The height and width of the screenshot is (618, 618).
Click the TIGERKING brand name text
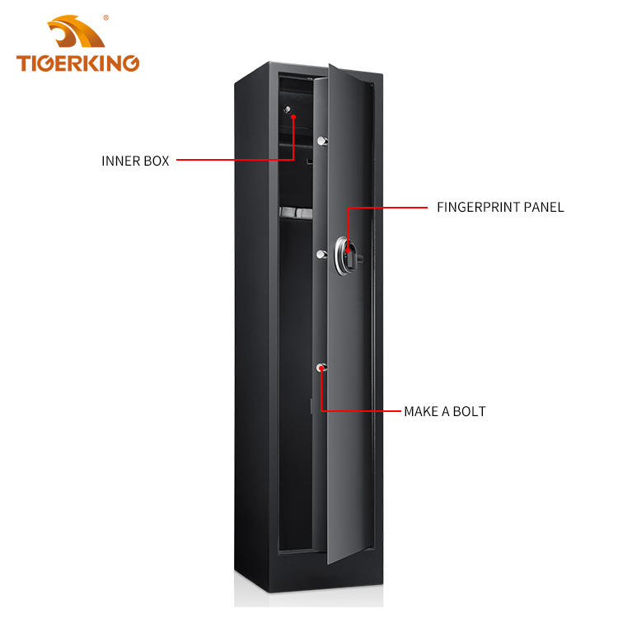click(77, 63)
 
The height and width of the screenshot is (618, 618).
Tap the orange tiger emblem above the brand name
click(76, 31)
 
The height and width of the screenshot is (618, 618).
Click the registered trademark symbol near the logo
click(106, 18)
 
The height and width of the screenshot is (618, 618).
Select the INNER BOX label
click(135, 161)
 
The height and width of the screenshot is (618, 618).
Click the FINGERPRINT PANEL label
click(500, 208)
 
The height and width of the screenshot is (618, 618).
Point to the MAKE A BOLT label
click(445, 411)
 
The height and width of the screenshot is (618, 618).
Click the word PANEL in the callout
click(544, 208)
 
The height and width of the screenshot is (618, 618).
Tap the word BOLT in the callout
click(469, 411)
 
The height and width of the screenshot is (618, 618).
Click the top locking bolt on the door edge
click(322, 141)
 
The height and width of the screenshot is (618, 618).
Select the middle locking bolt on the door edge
click(322, 255)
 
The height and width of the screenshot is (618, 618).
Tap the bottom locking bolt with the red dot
click(321, 368)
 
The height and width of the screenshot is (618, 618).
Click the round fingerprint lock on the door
click(347, 255)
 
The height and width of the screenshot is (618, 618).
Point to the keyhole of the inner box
click(288, 109)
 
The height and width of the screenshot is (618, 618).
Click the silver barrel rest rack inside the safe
click(297, 213)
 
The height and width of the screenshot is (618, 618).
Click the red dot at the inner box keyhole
click(293, 117)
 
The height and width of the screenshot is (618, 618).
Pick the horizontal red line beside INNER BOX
click(236, 160)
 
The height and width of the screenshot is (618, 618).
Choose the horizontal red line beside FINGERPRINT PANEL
click(387, 208)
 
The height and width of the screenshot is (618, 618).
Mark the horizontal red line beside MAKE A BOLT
click(361, 411)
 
